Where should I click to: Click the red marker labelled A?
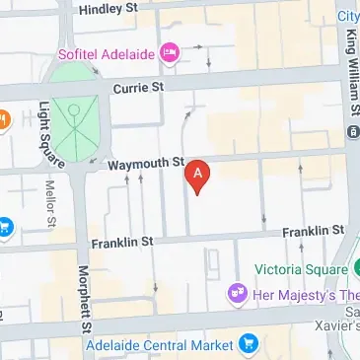coord(198,176)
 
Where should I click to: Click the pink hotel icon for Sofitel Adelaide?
coord(169,50)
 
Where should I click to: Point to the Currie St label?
coord(139,88)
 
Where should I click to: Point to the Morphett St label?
coord(86,299)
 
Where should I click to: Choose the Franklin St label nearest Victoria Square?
coord(313,231)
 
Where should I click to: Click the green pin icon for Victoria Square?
coord(352,268)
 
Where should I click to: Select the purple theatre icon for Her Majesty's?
coord(236,292)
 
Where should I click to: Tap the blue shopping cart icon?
coord(248,344)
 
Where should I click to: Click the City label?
coord(348,16)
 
